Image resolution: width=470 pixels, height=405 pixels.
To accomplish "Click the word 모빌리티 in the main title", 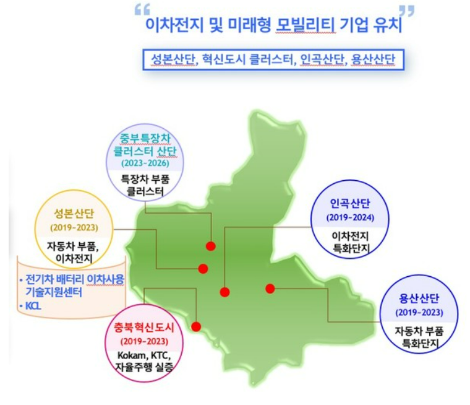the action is tap(305, 25).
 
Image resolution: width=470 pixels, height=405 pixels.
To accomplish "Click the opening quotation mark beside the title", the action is tap(142, 10).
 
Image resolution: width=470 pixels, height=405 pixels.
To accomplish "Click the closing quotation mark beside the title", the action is tap(407, 11).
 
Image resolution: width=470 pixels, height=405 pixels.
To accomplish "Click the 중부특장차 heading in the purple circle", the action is tap(145, 139).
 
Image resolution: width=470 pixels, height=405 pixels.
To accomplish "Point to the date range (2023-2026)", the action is tap(145, 163).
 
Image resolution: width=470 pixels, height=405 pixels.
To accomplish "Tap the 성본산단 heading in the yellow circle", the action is tap(74, 214).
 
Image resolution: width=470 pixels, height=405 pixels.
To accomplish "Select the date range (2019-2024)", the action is tap(351, 217).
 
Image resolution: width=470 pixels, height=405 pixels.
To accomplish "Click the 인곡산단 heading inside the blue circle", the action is tap(350, 204).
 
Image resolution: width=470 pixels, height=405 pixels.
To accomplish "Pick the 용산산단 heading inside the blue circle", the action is tap(419, 298).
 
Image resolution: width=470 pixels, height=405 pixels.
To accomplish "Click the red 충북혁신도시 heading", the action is tap(144, 328).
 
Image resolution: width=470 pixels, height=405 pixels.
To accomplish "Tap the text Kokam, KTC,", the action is tap(144, 355).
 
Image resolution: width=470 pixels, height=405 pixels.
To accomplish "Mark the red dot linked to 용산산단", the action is tap(270, 289).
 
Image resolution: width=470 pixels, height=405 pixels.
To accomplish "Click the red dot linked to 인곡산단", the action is tap(225, 292).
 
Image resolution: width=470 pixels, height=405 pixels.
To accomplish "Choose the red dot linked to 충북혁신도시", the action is tap(196, 326).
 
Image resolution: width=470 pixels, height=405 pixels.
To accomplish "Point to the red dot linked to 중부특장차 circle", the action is tap(211, 246).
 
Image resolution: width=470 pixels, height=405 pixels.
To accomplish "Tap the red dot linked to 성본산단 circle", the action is tap(203, 269).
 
